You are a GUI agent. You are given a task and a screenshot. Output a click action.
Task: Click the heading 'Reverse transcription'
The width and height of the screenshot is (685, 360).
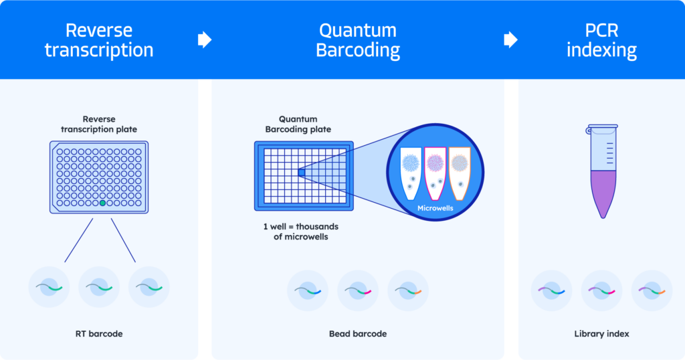click(99, 40)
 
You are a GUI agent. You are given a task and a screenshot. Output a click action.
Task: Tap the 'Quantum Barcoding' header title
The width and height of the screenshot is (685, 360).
click(358, 40)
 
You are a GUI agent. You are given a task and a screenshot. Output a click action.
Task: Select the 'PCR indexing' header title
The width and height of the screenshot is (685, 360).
click(601, 40)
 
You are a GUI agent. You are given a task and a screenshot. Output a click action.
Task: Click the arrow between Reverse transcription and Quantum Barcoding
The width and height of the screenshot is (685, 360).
click(205, 40)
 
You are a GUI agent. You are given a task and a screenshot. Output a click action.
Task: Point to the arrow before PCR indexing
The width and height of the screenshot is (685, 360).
click(510, 40)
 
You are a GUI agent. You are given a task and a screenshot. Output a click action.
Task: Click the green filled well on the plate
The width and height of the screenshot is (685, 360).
click(102, 203)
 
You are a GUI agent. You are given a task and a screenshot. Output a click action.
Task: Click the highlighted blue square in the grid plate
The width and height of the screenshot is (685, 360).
click(301, 173)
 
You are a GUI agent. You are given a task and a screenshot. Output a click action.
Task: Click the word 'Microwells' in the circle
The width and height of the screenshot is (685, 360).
click(435, 208)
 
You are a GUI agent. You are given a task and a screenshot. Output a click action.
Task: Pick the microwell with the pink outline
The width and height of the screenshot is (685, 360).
click(435, 172)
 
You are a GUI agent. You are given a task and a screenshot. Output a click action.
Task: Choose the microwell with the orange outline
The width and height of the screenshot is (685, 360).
click(460, 172)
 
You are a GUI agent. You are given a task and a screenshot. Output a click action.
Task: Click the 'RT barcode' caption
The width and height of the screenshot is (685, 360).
click(99, 333)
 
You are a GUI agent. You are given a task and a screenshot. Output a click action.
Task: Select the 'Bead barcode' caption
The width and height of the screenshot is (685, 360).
click(358, 333)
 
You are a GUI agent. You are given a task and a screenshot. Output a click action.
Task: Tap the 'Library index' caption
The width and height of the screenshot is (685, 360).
click(601, 333)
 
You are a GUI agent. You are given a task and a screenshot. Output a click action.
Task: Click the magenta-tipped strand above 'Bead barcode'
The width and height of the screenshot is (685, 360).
click(358, 290)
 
